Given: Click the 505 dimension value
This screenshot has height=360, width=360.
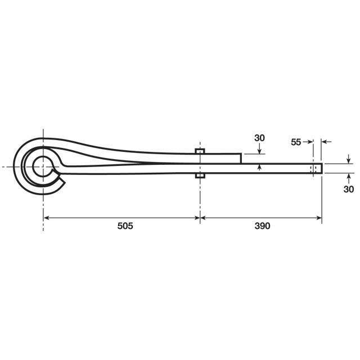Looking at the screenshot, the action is (x=125, y=226).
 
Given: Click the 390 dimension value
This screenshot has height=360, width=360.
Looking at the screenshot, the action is (x=262, y=226).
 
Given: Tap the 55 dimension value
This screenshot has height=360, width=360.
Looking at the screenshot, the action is (x=296, y=142).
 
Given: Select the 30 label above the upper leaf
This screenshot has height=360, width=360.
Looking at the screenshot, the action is (x=259, y=138).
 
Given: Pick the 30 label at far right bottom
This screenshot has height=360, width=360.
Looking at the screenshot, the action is (x=349, y=189).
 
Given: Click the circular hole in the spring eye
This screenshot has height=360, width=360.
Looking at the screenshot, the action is (x=42, y=166).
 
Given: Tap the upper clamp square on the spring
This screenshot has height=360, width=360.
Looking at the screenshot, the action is (x=200, y=151).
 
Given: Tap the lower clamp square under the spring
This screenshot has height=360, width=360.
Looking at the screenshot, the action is (x=200, y=175).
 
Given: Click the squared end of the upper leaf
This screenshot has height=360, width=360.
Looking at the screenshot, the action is (x=241, y=159).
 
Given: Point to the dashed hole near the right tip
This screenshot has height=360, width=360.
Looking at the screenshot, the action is (x=313, y=169).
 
